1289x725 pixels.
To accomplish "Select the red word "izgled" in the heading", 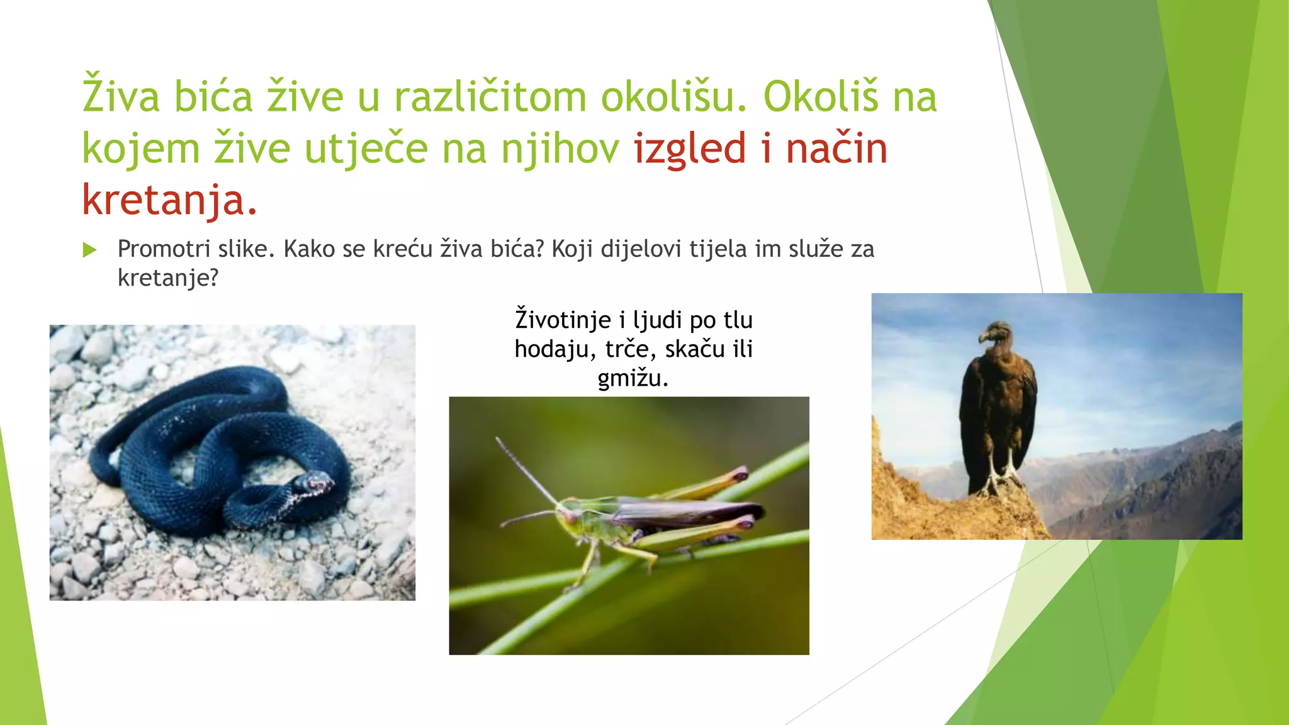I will click(689, 149).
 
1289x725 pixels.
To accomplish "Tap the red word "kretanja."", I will click(169, 200).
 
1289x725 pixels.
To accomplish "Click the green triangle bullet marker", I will click(89, 250).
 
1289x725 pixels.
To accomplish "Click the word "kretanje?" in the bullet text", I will click(167, 278).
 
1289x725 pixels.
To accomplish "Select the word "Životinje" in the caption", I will click(563, 320).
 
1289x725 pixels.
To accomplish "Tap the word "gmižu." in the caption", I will click(633, 378).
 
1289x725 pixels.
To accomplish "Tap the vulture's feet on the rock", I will click(1001, 481).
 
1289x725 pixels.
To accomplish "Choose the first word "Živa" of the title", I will click(121, 98).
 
